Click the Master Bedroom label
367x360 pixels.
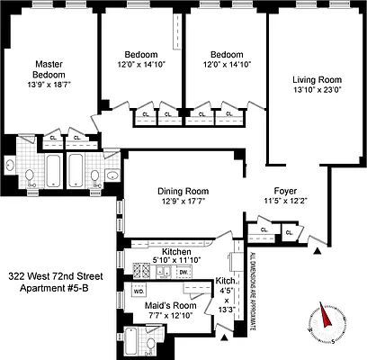click(48, 68)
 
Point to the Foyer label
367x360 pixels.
click(285, 191)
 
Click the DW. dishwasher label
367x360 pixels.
click(183, 271)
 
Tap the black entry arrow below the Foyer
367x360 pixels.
click(311, 238)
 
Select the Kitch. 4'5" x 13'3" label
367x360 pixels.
click(225, 296)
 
